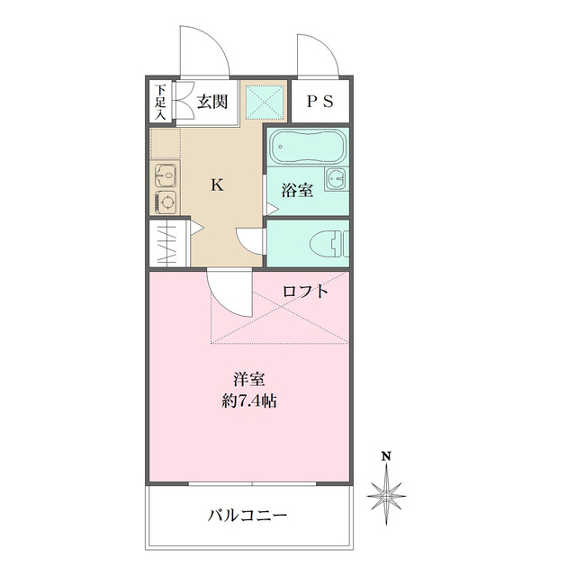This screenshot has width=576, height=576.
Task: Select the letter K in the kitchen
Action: pyautogui.click(x=217, y=185)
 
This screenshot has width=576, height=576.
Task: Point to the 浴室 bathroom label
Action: pyautogui.click(x=297, y=191)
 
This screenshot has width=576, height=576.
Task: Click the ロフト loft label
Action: pyautogui.click(x=305, y=291)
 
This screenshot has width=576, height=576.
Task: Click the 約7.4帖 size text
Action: pyautogui.click(x=249, y=401)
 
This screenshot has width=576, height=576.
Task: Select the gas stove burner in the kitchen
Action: pyautogui.click(x=166, y=202)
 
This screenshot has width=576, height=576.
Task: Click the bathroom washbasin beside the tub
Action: pyautogui.click(x=336, y=176)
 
